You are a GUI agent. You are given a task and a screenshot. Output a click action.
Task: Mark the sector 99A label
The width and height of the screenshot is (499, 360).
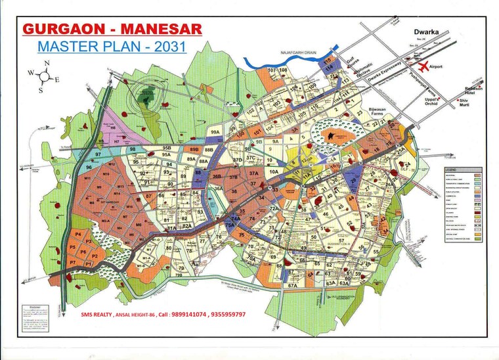(215, 132)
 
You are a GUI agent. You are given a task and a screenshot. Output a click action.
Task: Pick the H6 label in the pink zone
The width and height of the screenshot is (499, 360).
(112, 127)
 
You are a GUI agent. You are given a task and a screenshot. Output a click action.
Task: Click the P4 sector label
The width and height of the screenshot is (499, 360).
(78, 234)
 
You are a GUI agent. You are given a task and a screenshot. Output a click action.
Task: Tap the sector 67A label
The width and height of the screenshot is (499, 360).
(293, 286)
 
